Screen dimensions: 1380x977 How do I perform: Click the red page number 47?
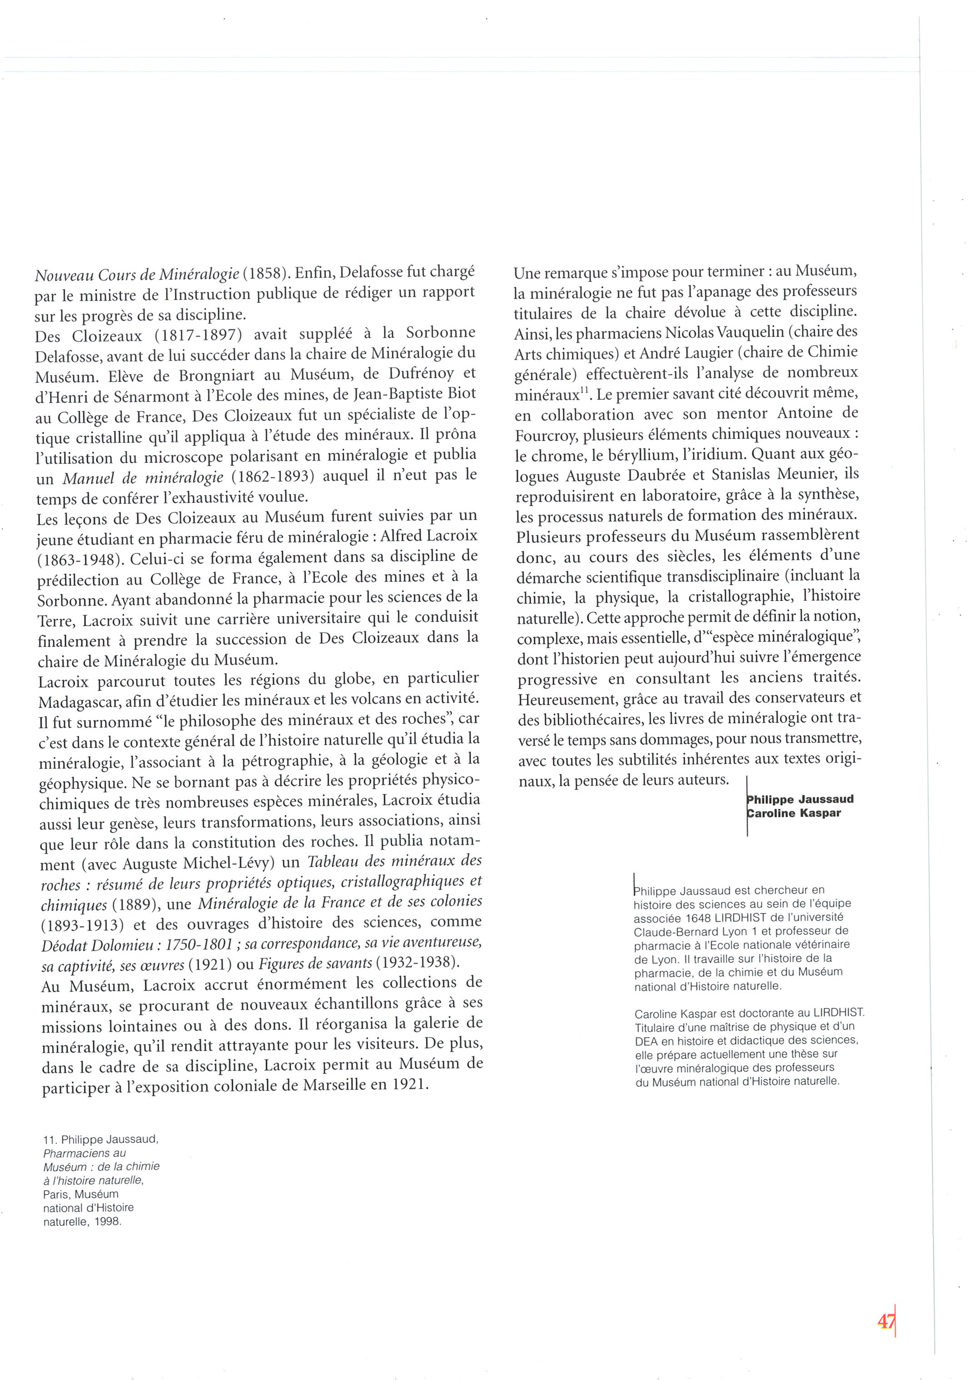coord(886,1322)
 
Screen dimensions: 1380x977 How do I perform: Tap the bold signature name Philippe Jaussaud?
coord(800,799)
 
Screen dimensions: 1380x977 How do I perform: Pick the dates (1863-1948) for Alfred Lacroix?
coord(76,559)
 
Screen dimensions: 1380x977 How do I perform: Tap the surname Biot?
coord(461,394)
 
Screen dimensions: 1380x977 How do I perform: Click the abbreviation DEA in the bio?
coord(648,1041)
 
